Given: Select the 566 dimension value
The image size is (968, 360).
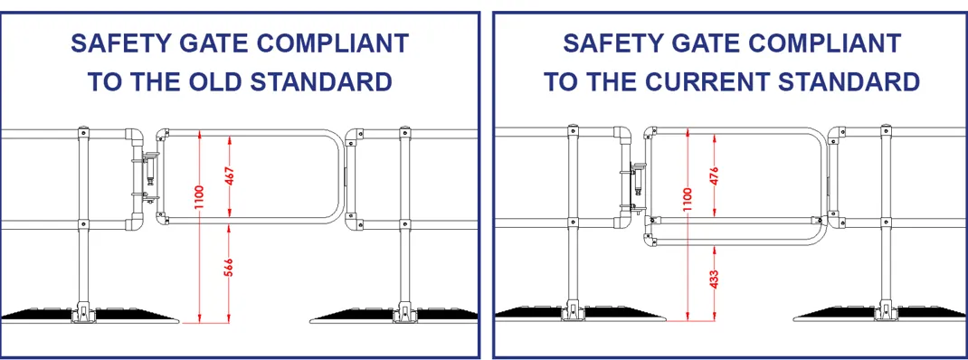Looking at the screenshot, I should tap(230, 271).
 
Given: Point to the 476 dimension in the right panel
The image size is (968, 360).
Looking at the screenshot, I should tap(715, 175).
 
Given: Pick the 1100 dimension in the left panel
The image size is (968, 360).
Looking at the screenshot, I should tap(198, 196).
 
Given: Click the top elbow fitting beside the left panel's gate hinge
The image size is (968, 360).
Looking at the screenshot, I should tap(134, 137).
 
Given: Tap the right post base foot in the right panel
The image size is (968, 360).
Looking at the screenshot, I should tap(883, 311).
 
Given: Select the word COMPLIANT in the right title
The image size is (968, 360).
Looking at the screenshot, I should tap(819, 43).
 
